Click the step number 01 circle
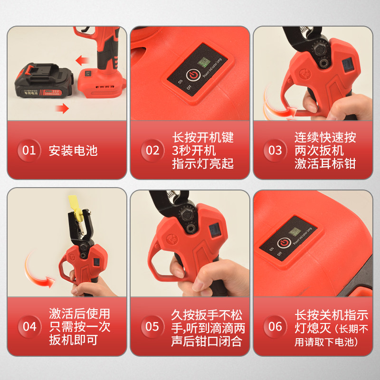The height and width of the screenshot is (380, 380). (x=29, y=151)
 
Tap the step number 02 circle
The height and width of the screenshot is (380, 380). (x=152, y=151)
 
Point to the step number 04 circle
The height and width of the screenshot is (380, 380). (x=29, y=326)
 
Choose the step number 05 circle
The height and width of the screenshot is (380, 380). (x=152, y=327)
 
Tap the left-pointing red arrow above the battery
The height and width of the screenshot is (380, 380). (x=83, y=60)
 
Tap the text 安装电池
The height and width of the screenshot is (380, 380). (x=73, y=151)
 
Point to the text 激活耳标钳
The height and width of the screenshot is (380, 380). (x=325, y=164)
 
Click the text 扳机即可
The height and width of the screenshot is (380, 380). (x=73, y=341)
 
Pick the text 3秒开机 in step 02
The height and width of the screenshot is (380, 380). (x=194, y=151)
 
